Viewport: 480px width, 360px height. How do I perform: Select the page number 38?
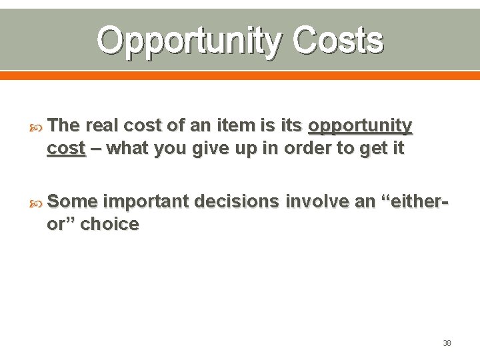447,343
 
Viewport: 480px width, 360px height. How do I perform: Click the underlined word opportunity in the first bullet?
360,126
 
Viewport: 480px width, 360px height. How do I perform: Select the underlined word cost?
66,149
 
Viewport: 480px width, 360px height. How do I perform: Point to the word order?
306,149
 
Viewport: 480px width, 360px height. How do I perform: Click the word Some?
73,201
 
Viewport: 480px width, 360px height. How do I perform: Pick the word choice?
109,225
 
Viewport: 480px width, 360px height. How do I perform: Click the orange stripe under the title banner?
240,75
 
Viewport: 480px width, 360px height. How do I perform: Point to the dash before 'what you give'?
96,149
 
